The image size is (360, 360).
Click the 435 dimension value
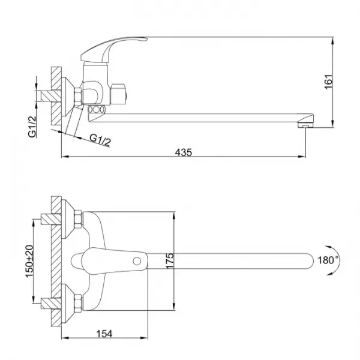click(x=183, y=152)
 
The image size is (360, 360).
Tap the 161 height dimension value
click(x=328, y=82)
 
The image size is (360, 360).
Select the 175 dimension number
click(x=169, y=261)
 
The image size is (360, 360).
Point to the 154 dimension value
click(x=104, y=334)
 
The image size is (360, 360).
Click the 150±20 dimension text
click(x=29, y=261)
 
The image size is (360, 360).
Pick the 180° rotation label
click(x=328, y=260)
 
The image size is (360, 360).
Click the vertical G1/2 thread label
click(x=32, y=127)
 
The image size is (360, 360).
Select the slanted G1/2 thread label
click(x=100, y=140)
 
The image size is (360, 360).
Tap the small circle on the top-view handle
click(x=137, y=261)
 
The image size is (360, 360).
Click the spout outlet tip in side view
click(x=305, y=125)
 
